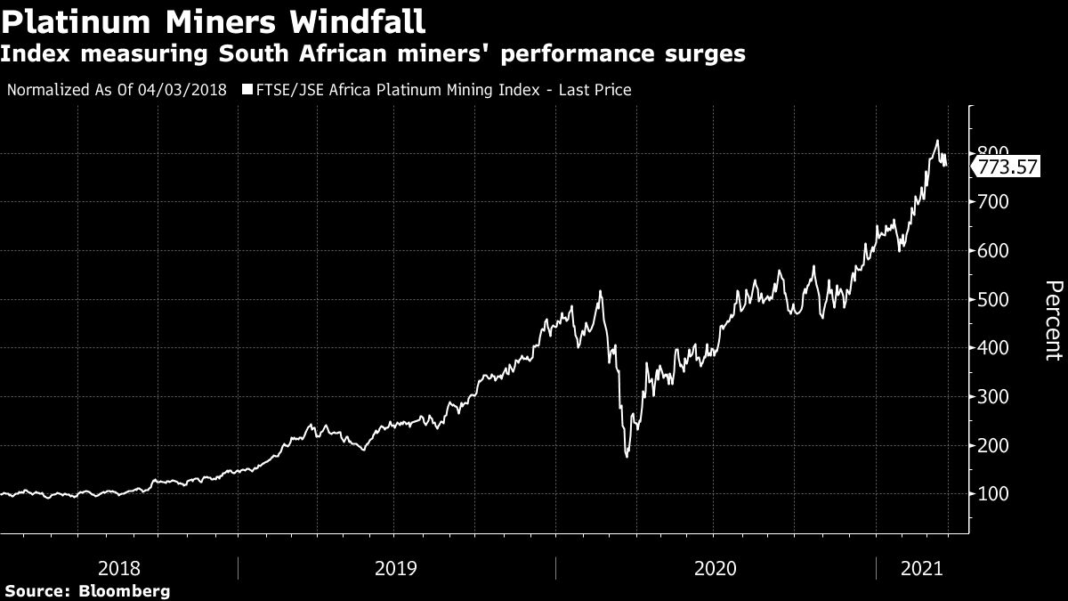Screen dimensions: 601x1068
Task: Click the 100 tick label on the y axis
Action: (x=994, y=494)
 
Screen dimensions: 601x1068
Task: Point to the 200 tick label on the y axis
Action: (x=994, y=445)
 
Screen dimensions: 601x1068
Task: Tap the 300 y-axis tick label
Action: (x=994, y=396)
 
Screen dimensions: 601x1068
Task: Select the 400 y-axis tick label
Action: (x=994, y=348)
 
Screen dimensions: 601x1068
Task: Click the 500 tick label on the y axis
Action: (x=994, y=299)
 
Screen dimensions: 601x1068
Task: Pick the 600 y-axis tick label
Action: (x=994, y=251)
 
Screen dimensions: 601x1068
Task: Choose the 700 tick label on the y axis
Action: (x=994, y=202)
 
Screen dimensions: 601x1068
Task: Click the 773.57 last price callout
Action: (x=1007, y=166)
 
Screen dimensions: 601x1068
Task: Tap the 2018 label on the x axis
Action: (x=118, y=567)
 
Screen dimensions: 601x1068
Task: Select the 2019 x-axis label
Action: (x=397, y=567)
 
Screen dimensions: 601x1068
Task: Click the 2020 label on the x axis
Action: (x=715, y=567)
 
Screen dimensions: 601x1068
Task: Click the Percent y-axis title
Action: (x=1053, y=321)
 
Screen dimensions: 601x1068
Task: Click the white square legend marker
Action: (x=247, y=90)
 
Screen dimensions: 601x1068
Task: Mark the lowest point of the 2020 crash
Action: (x=627, y=457)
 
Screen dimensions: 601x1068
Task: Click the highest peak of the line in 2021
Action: (x=936, y=140)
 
